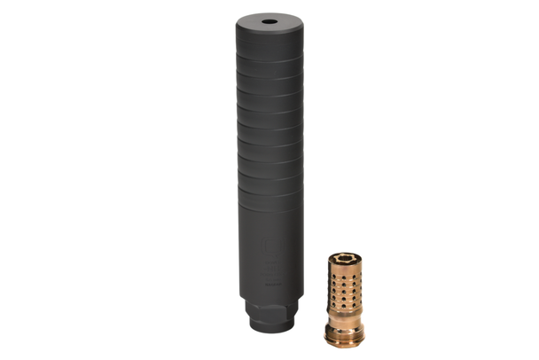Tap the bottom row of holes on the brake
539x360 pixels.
[x=342, y=306]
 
